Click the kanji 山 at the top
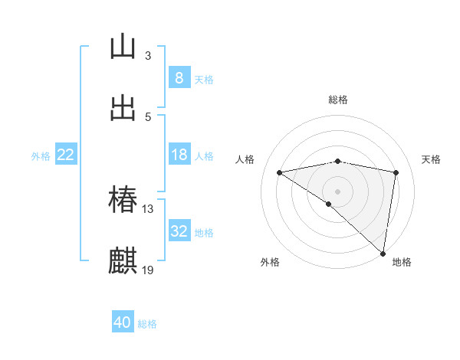tap(123, 47)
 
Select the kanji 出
tap(123, 108)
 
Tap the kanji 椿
tap(123, 200)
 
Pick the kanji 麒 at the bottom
tap(123, 260)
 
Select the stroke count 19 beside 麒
tap(148, 270)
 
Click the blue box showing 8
tap(179, 78)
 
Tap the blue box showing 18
tap(179, 155)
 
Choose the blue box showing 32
tap(179, 231)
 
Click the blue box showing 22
tap(65, 155)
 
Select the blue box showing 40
tap(123, 322)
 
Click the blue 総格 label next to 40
tap(148, 324)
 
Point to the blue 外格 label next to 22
tap(41, 156)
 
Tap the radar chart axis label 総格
tap(338, 100)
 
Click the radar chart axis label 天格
tap(432, 159)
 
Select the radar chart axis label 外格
tap(270, 262)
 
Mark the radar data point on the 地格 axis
tap(383, 253)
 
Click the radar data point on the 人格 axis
tap(280, 172)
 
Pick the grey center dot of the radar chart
tap(338, 191)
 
